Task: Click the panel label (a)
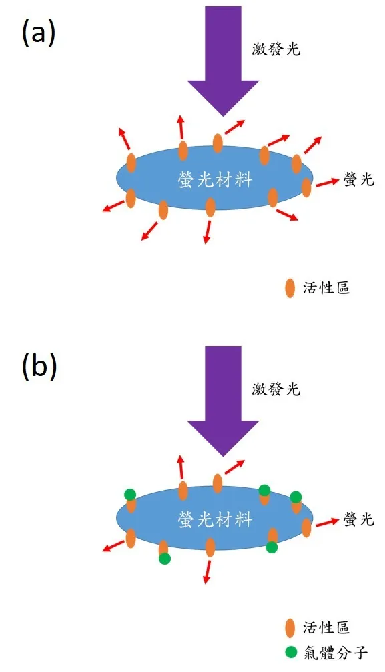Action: [38, 32]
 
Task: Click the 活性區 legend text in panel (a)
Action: [326, 288]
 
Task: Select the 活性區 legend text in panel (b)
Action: [326, 627]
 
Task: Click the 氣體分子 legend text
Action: [336, 651]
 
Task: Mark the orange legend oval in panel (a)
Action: [290, 288]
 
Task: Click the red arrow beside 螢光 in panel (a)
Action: [326, 182]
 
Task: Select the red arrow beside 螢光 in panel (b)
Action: [326, 522]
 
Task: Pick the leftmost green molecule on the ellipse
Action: [130, 494]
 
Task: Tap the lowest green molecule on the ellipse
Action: [165, 559]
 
